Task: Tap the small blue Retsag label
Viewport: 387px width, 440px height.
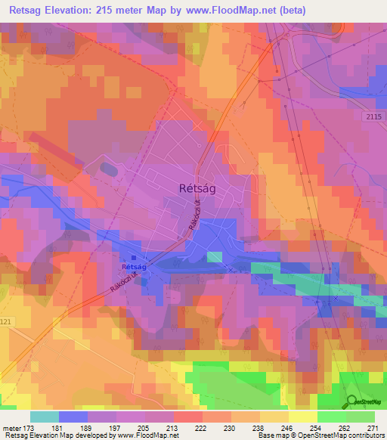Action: [134, 267]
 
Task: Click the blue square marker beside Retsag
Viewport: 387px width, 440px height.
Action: [135, 258]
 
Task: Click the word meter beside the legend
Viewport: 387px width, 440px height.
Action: [11, 428]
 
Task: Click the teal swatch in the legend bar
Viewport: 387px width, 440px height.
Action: [45, 417]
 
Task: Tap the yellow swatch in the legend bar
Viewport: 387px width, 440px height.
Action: [303, 417]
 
